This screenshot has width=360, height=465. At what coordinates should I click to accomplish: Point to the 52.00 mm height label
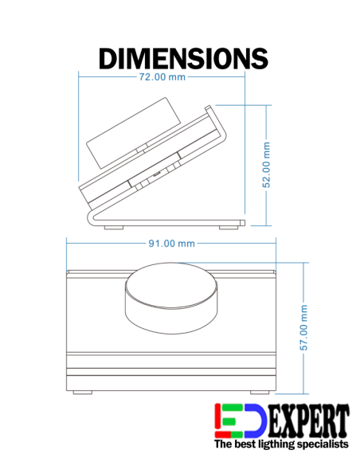click(268, 165)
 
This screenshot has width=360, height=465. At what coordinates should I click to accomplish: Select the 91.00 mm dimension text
click(171, 243)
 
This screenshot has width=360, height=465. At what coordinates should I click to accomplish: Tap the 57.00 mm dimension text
click(303, 325)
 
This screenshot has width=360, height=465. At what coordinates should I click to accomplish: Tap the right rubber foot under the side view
click(230, 227)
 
